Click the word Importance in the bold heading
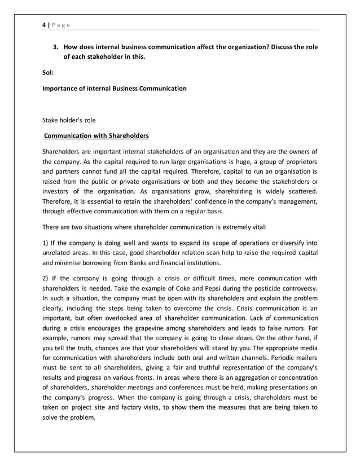(x=60, y=89)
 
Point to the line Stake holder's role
(x=69, y=120)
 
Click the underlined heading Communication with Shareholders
(x=96, y=136)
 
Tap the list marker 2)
(x=47, y=278)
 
